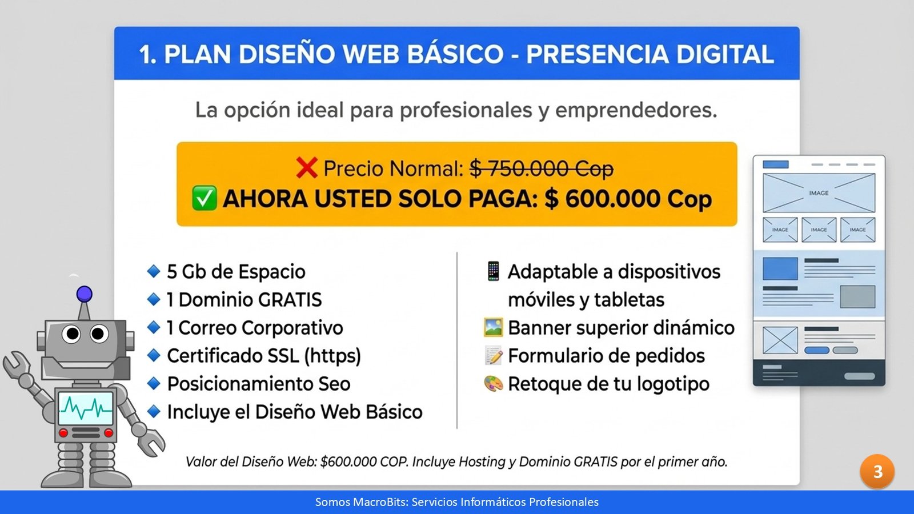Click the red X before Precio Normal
pos(307,168)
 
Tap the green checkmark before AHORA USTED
pos(204,199)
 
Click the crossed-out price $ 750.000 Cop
pos(542,168)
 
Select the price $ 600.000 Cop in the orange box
pos(628,199)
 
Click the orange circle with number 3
pos(877,472)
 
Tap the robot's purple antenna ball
pos(85,294)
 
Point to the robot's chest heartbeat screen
pos(86,408)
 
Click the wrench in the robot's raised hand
pos(17,363)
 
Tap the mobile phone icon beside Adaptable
pos(494,271)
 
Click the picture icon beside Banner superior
pos(494,327)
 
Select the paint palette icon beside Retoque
pos(494,383)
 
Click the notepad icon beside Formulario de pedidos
pos(494,355)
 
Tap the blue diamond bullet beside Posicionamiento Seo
pos(154,383)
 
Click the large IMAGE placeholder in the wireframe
pos(819,193)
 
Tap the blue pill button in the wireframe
pos(816,350)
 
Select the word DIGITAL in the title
pos(725,54)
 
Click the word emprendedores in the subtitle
pos(636,110)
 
